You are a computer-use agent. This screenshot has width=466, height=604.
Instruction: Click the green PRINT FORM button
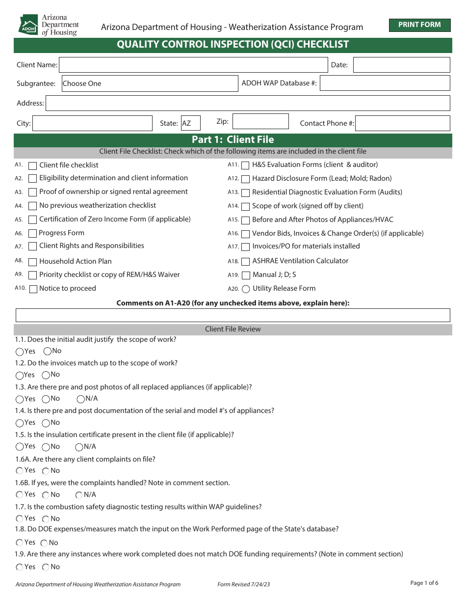(419, 25)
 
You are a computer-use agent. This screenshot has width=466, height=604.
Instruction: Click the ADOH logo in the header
(28, 25)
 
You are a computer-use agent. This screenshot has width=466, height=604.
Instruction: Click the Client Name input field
(193, 65)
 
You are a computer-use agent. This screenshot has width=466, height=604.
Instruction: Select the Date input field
(401, 65)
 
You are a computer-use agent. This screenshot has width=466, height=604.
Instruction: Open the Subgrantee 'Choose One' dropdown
(150, 83)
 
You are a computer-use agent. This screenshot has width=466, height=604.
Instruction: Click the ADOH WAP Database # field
(385, 83)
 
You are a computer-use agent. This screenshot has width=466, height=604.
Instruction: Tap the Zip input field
(260, 122)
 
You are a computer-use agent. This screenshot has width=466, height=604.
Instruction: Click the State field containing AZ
(190, 123)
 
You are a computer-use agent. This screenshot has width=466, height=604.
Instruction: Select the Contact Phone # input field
(402, 123)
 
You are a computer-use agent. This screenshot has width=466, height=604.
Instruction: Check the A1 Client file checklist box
(33, 165)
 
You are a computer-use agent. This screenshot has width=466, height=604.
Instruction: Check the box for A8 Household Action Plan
(33, 262)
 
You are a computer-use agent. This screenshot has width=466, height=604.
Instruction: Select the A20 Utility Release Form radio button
(246, 289)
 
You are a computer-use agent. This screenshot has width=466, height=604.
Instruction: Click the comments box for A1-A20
(233, 315)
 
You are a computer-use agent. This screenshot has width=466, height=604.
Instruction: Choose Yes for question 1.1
(20, 352)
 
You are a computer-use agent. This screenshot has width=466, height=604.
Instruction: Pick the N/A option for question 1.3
(81, 399)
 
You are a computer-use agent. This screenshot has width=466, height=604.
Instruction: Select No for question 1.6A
(46, 471)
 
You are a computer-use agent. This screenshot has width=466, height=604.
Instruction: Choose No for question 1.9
(46, 567)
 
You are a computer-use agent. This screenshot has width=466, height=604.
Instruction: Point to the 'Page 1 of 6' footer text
(424, 583)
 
